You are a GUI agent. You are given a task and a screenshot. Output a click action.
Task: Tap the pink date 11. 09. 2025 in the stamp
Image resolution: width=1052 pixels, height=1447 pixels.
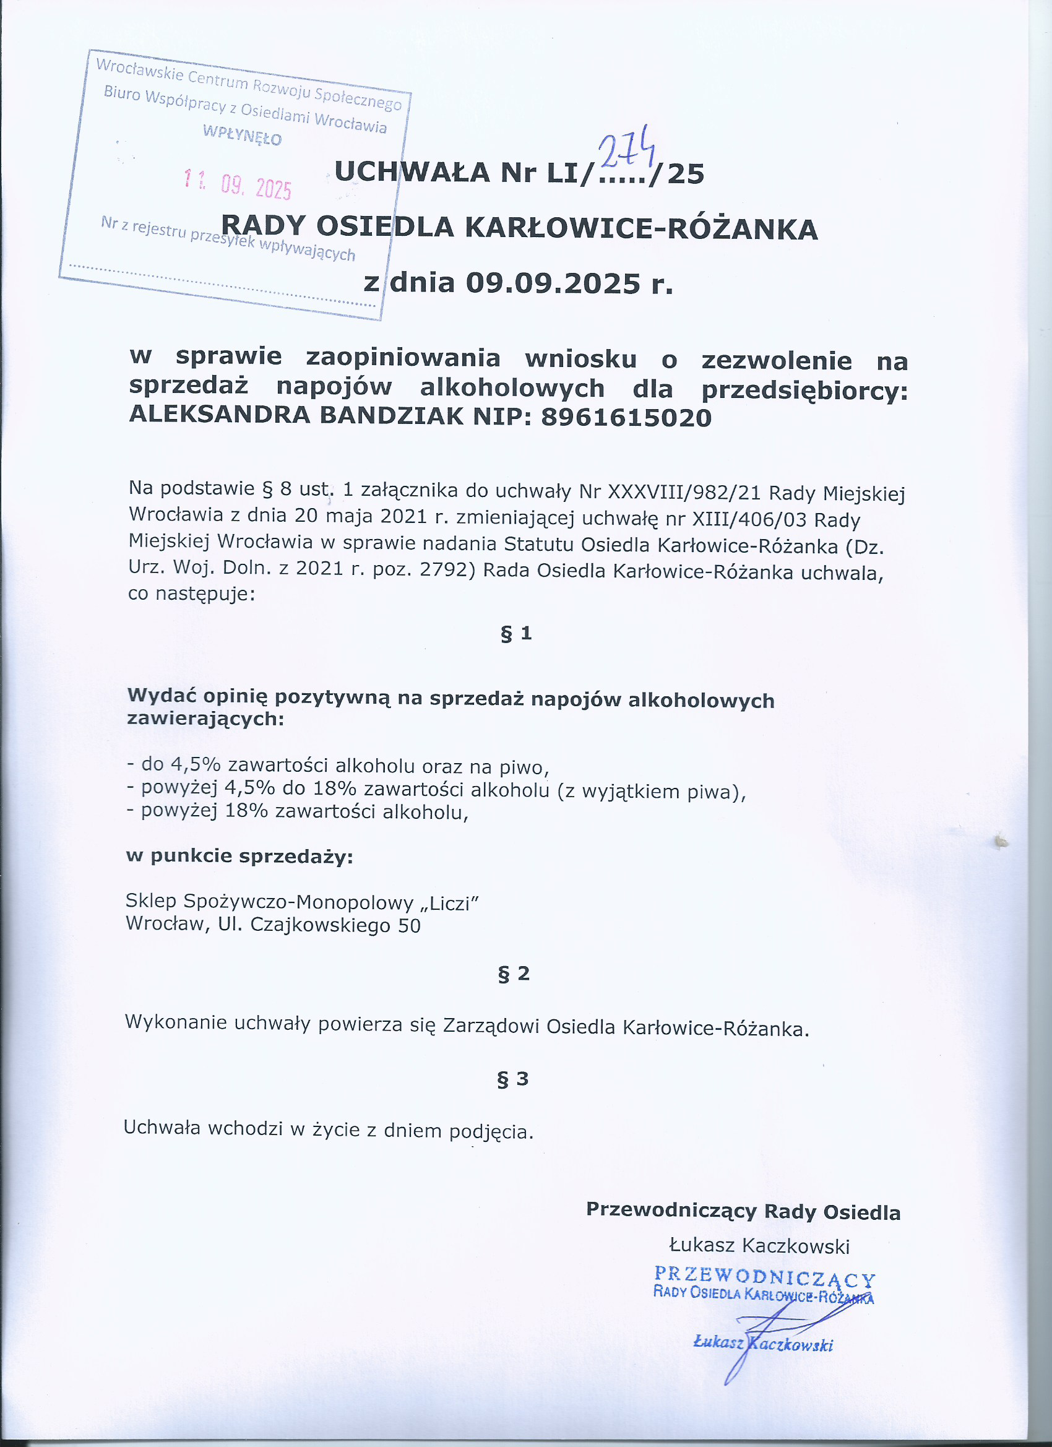click(238, 185)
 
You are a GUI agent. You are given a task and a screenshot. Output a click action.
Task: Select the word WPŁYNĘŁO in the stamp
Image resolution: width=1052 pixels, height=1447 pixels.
click(242, 135)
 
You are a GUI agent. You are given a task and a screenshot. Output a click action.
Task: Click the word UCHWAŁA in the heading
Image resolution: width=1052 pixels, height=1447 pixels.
click(412, 172)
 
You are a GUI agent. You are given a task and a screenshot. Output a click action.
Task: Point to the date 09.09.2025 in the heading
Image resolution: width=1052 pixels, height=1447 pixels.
click(553, 283)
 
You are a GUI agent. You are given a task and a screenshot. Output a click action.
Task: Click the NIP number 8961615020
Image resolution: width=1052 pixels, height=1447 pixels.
click(626, 418)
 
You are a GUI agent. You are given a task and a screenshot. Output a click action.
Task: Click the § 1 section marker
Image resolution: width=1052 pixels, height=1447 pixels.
click(516, 634)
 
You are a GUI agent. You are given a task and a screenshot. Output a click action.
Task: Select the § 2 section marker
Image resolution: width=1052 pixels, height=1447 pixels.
click(514, 974)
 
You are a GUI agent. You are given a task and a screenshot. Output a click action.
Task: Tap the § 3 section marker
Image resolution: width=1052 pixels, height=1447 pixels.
click(513, 1079)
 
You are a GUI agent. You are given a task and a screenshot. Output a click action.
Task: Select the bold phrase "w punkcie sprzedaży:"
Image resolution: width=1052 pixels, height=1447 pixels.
click(239, 855)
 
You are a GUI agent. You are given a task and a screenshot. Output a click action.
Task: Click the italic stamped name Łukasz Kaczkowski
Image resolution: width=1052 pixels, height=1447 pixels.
click(763, 1345)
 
